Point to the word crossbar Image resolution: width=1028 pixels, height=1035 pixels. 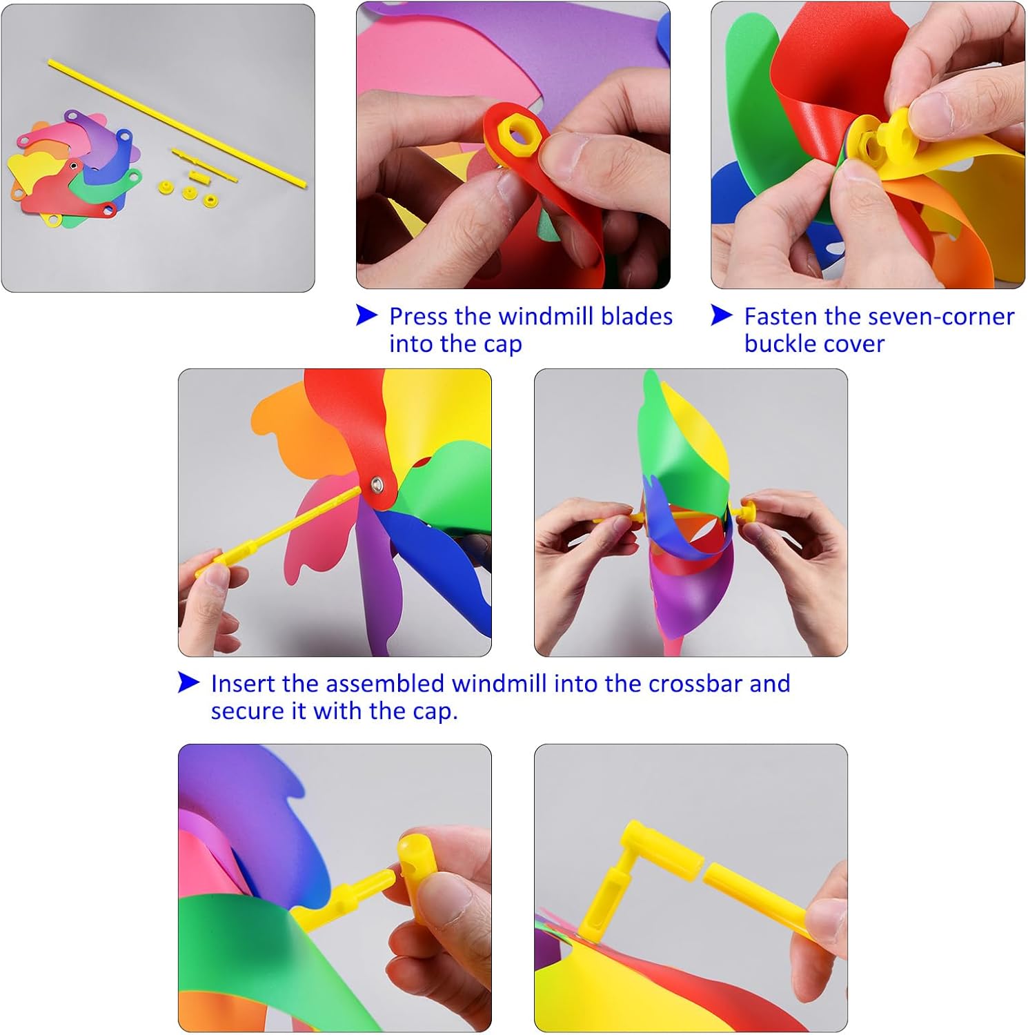click(695, 683)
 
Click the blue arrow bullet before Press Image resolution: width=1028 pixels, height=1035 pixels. click(366, 315)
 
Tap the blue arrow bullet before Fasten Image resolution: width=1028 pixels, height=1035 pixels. click(721, 315)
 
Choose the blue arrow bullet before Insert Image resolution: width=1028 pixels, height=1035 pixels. click(188, 682)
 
